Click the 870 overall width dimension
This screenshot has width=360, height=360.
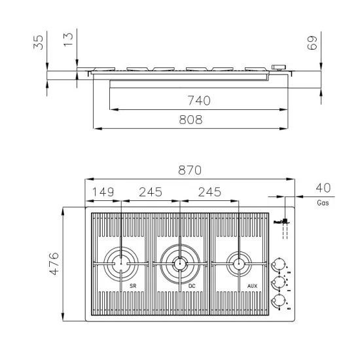click(x=189, y=170)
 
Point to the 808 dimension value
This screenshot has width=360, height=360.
click(x=190, y=119)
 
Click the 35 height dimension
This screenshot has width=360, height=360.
click(x=39, y=43)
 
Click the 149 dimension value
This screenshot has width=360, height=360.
click(x=103, y=192)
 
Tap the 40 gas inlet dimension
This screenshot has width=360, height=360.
click(x=323, y=188)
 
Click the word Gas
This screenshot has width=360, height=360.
click(x=323, y=203)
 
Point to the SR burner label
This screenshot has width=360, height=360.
click(x=132, y=287)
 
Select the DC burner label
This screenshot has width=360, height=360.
click(x=192, y=287)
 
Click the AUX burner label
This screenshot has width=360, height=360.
click(x=252, y=287)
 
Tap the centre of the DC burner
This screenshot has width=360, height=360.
click(x=179, y=264)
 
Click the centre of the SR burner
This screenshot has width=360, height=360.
click(x=120, y=264)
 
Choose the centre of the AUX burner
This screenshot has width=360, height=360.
click(x=239, y=264)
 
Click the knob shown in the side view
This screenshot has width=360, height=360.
click(x=279, y=67)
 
